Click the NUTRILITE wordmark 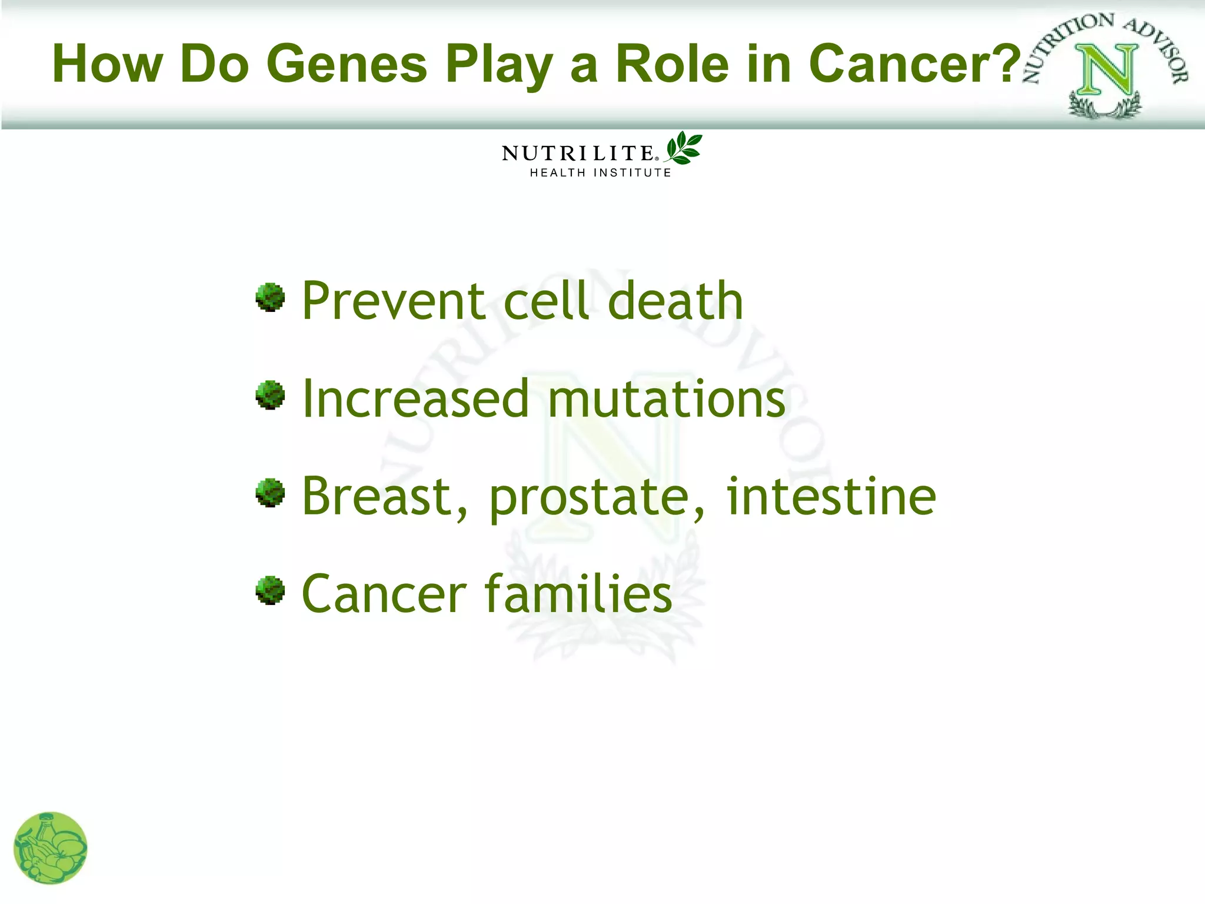pyautogui.click(x=578, y=154)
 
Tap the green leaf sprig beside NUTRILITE pyautogui.click(x=683, y=148)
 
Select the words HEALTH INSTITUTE pyautogui.click(x=600, y=173)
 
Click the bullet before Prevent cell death pyautogui.click(x=270, y=297)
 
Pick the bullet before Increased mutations pyautogui.click(x=270, y=395)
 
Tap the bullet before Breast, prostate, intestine pyautogui.click(x=270, y=493)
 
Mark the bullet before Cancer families pyautogui.click(x=270, y=590)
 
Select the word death pyautogui.click(x=675, y=301)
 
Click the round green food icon pyautogui.click(x=51, y=848)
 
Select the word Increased pyautogui.click(x=415, y=399)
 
